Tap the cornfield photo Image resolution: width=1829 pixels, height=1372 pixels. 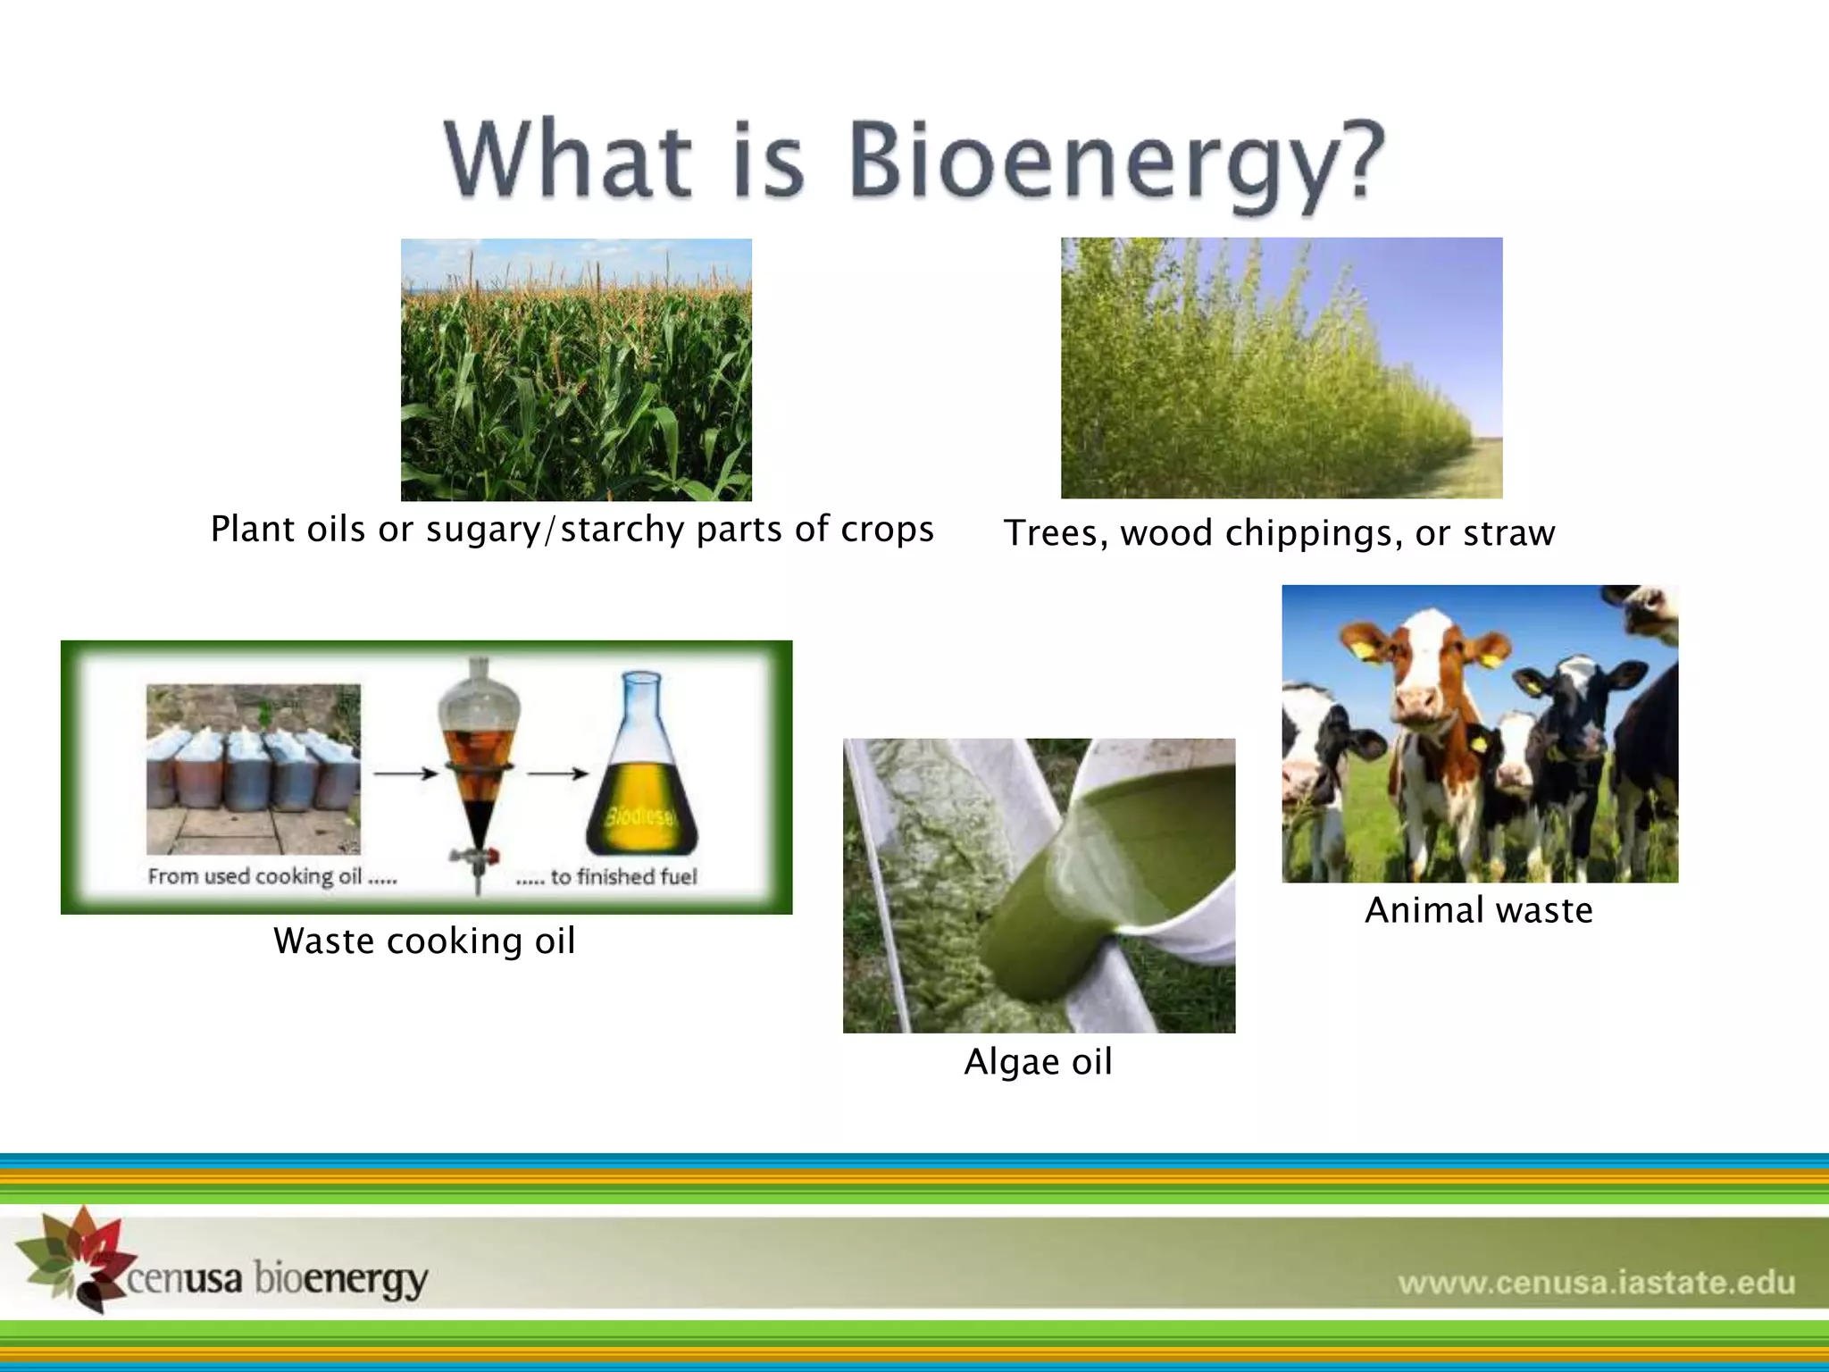pos(576,369)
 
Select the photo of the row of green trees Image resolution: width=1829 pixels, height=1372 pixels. pos(1281,368)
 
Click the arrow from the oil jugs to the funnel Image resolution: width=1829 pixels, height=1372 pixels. pos(404,774)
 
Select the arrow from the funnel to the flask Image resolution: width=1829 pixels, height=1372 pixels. pos(557,774)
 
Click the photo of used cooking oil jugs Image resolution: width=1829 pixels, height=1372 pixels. pos(254,768)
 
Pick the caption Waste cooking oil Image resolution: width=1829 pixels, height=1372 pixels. pos(424,941)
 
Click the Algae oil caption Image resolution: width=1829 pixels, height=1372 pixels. pos(1038,1062)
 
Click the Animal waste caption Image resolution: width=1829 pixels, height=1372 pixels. pos(1479,910)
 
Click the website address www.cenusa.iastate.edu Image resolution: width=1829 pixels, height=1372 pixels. pos(1596,1284)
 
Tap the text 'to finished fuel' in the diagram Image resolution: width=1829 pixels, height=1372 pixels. pos(622,877)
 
